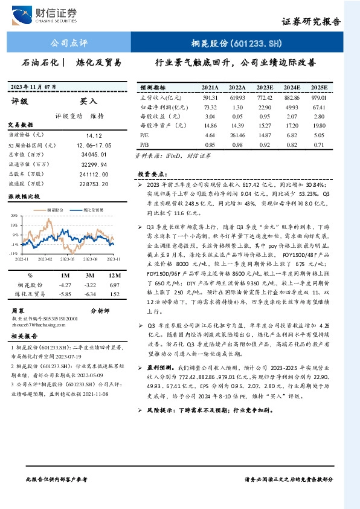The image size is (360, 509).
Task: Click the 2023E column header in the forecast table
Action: point(265,87)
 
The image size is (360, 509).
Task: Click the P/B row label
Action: point(144,145)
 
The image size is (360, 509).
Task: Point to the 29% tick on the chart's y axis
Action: point(14,215)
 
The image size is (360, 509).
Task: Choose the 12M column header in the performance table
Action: point(112,274)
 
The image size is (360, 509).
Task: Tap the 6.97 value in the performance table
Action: point(112,284)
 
